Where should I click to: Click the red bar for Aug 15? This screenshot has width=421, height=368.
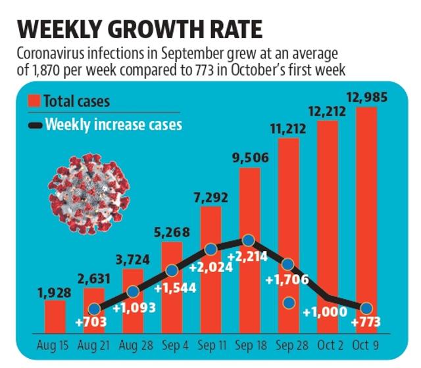tap(55, 317)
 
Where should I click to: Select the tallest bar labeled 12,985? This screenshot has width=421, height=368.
tap(366, 220)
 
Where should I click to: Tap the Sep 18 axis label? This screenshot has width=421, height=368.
tap(251, 345)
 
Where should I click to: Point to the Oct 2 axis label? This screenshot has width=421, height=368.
tap(330, 345)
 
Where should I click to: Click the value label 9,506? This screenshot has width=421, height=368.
tap(251, 158)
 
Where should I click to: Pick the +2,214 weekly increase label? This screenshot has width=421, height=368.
tap(247, 256)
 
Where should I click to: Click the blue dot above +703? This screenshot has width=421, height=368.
tap(94, 309)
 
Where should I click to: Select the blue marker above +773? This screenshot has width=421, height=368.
tap(367, 308)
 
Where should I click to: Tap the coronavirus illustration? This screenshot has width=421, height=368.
tap(89, 194)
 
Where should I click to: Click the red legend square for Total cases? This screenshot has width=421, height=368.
tap(34, 101)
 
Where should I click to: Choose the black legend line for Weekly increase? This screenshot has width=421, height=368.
tap(36, 126)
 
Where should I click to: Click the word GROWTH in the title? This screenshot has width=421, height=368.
tap(157, 29)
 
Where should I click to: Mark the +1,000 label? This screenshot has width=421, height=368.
tap(325, 312)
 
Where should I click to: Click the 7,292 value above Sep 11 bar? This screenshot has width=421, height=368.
tap(210, 198)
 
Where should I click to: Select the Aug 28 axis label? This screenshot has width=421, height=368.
tap(136, 345)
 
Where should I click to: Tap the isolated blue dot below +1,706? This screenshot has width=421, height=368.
tap(289, 303)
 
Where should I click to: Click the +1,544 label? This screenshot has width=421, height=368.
tap(176, 288)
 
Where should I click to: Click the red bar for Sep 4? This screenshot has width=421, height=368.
tap(172, 288)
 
